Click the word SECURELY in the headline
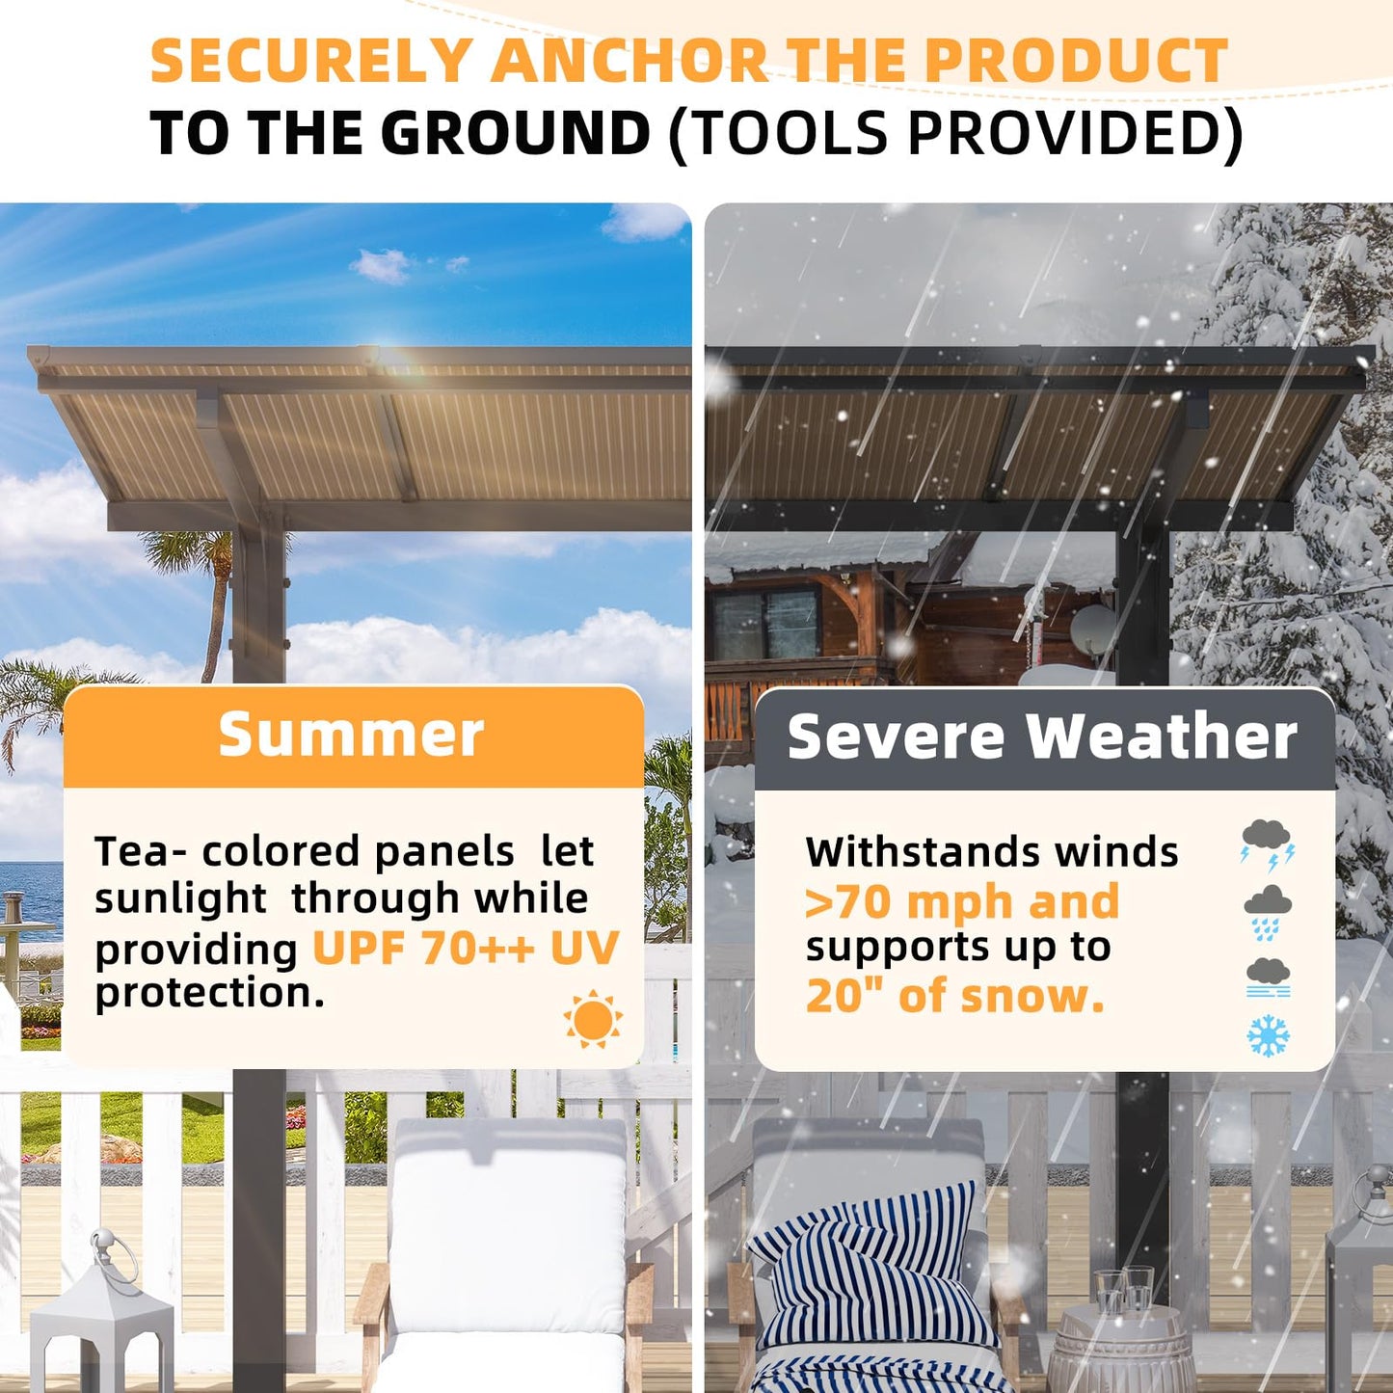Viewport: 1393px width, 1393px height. tap(308, 61)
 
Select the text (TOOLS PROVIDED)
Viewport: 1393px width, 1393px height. tap(954, 132)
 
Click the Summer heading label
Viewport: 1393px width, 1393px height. tap(351, 735)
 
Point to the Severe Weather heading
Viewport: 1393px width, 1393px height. tap(1042, 737)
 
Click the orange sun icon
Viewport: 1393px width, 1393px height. tap(593, 1019)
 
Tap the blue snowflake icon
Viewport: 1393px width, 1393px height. tap(1268, 1034)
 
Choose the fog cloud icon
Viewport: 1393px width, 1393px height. tap(1268, 977)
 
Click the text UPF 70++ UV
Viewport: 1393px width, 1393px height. tap(465, 949)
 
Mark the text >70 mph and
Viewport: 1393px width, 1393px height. tap(961, 902)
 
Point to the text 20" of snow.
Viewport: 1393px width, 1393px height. tap(954, 996)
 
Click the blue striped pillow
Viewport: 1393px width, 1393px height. tap(868, 1272)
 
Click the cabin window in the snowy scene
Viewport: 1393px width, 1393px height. tap(766, 622)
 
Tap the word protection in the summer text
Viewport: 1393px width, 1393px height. tap(209, 993)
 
